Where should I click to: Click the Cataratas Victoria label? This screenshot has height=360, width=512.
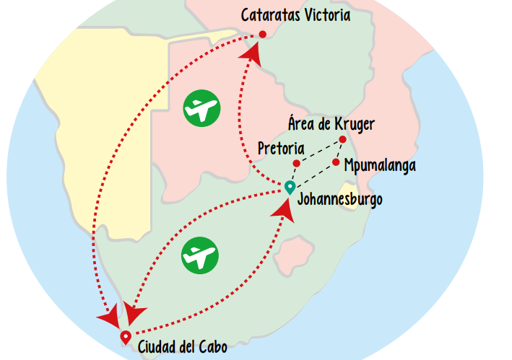pos(295,14)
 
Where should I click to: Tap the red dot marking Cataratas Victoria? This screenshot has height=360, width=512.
pos(262,34)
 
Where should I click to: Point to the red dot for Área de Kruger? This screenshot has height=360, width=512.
pos(342,140)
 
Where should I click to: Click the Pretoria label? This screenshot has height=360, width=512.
pos(281,149)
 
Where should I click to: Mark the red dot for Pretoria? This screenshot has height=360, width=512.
pos(296,163)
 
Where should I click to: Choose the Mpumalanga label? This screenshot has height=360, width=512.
pos(380,165)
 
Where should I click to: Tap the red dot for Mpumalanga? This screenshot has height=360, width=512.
pos(336,162)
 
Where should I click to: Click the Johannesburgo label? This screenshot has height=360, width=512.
pos(340,199)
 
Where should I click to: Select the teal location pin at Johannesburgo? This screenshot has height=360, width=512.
pos(290,188)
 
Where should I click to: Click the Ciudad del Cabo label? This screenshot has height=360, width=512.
pos(182,347)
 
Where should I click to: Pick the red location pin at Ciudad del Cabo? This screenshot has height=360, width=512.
pos(125,336)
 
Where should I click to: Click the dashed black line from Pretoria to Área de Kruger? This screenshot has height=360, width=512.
pos(319,152)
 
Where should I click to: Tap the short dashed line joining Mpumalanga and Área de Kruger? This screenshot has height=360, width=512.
pos(339,151)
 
